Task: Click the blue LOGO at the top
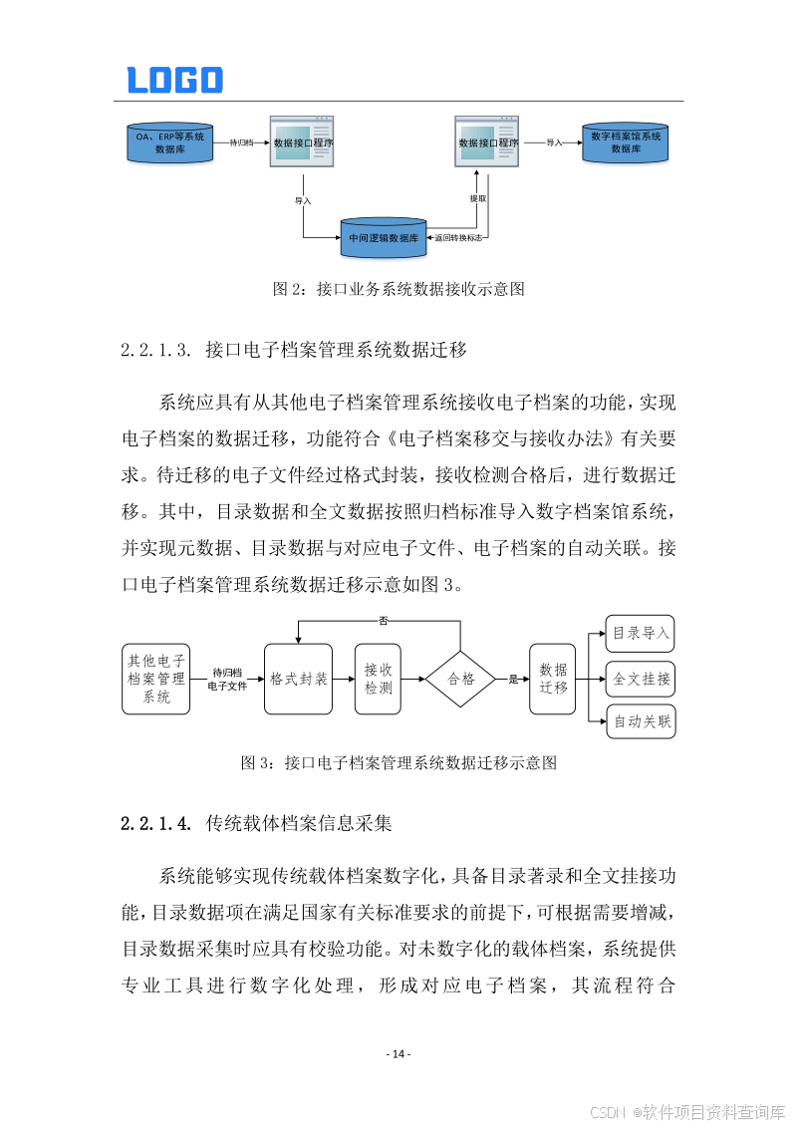174,80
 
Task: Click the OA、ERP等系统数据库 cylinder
166,142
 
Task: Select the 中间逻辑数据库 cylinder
383,237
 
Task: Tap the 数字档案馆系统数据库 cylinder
626,142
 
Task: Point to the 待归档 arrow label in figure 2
241,142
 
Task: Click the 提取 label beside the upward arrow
478,198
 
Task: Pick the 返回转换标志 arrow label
458,238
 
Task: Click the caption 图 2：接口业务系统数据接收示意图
398,290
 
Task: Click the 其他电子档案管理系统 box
155,679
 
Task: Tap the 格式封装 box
299,679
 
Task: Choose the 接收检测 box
378,679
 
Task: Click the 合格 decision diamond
460,679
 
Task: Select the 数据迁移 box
553,679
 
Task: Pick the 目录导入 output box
641,633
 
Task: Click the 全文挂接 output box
641,679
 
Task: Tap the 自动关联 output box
641,721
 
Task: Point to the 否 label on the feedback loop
383,621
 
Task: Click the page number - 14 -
398,1054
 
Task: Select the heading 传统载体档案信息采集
299,824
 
